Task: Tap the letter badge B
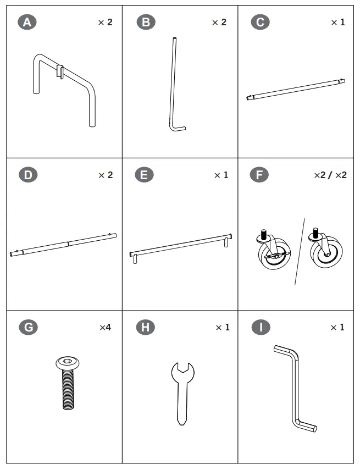click(x=146, y=23)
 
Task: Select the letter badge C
click(x=260, y=23)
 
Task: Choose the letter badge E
click(x=144, y=175)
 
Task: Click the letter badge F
click(x=259, y=175)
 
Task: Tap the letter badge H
click(x=145, y=328)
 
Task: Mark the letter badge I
click(x=260, y=328)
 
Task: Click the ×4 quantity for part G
click(x=105, y=328)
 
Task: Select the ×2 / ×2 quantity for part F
click(x=330, y=175)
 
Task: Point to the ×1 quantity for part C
click(x=337, y=23)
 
